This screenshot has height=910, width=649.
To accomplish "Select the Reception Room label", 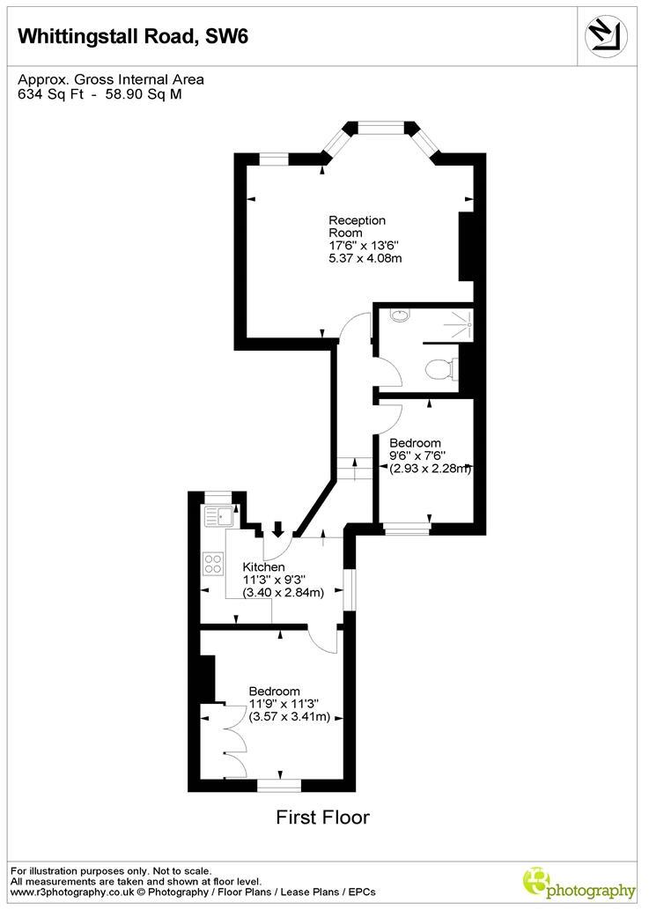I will tap(357, 226).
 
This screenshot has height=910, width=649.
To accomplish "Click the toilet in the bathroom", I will tap(440, 368).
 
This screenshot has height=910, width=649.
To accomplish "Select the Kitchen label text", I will tap(264, 566).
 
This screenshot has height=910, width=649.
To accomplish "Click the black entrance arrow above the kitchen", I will tap(278, 529).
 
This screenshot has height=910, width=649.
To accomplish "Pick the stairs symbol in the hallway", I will tap(354, 469).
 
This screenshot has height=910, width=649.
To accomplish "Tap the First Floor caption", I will tap(323, 818).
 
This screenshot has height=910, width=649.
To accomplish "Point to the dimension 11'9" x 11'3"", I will tap(283, 704).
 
